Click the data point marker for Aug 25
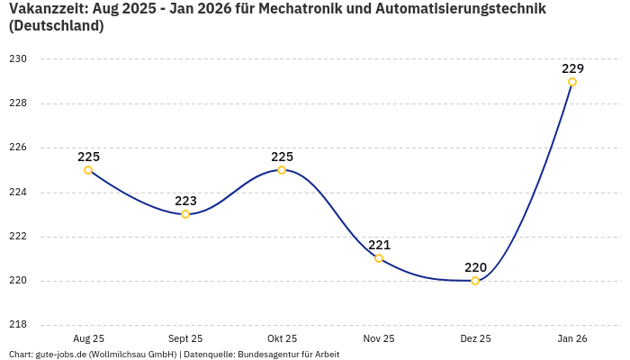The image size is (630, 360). coord(88,170)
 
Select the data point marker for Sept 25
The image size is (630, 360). coord(185,214)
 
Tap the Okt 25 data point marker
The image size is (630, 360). coord(282,170)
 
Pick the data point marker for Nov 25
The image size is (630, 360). coord(379,258)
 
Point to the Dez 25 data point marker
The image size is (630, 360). coord(475,281)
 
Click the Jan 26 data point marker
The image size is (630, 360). coord(572,82)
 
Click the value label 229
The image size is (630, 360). coord(572,68)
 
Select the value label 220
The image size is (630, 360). coord(475,267)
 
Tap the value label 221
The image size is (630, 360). coord(379,245)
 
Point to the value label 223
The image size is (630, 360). coord(185,201)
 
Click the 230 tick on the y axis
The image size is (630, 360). coord(18,59)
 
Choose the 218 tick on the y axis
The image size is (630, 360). coord(18,325)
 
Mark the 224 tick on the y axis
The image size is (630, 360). coord(18,192)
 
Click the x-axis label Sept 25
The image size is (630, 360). coord(185,339)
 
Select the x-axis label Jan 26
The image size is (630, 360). coord(572,339)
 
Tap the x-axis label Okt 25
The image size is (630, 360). coord(282,339)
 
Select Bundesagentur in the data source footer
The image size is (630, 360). coord(268,355)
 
